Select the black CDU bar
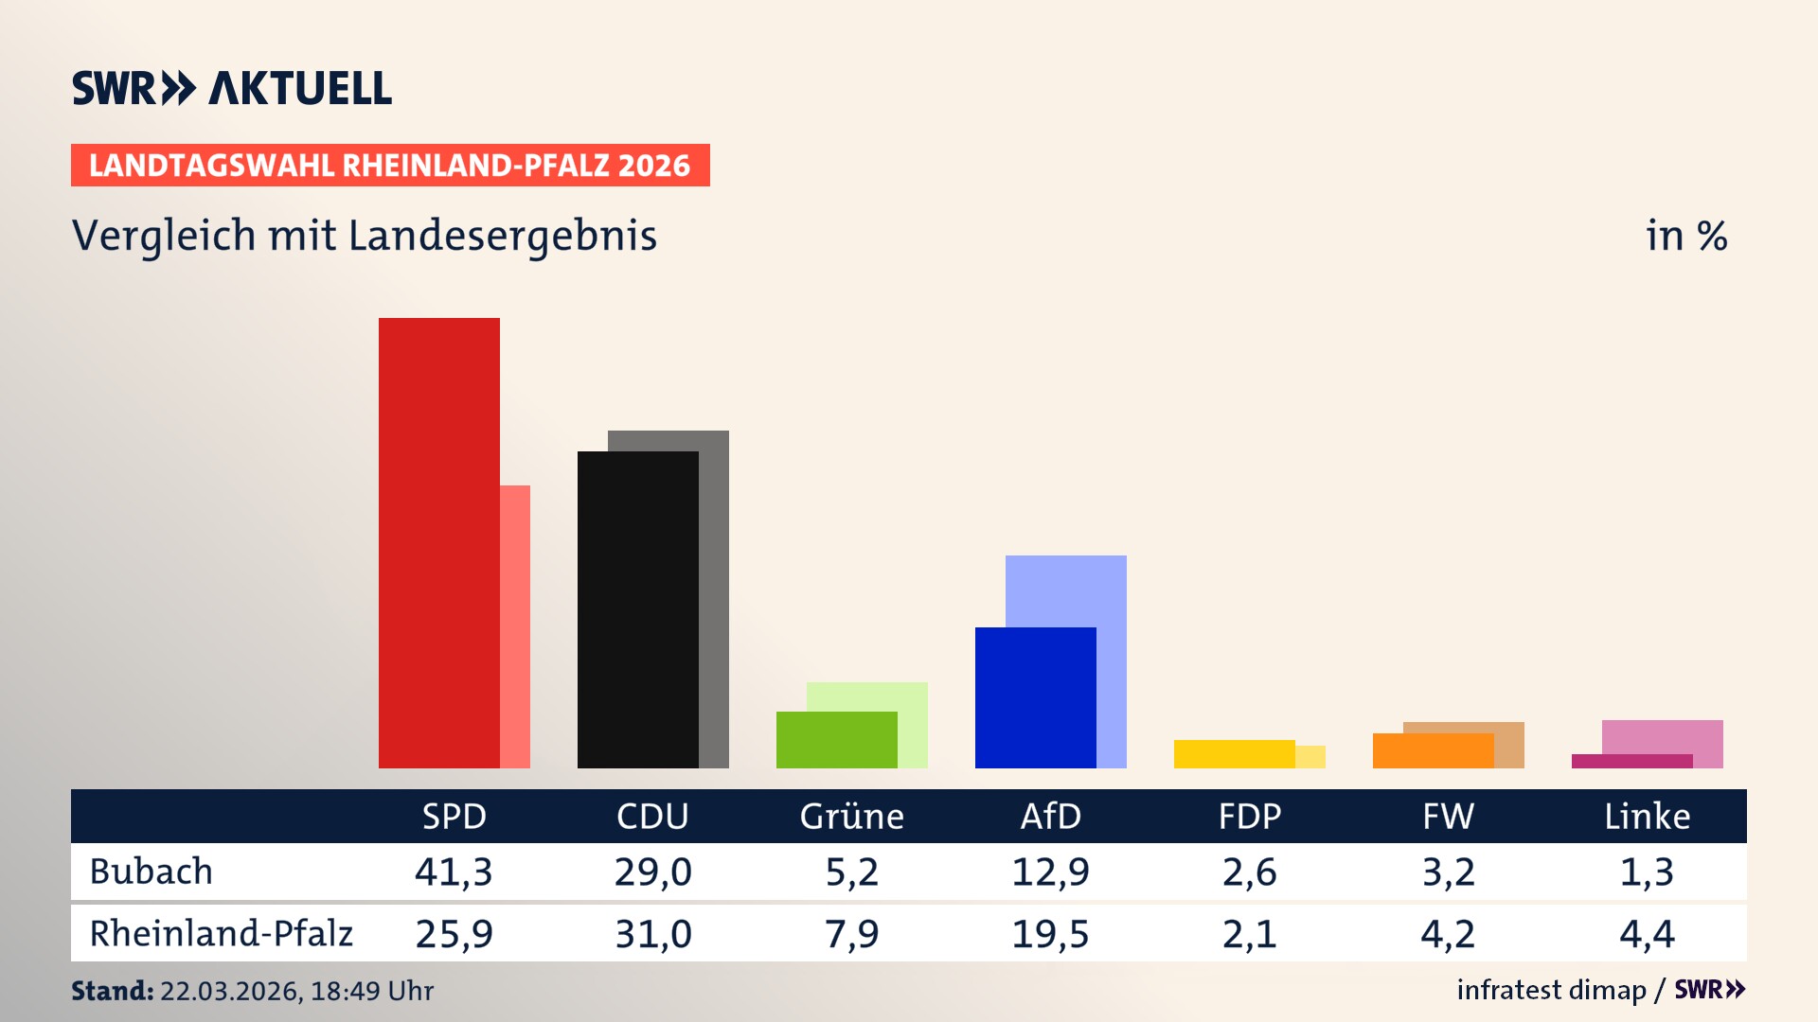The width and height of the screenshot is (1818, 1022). coord(637,609)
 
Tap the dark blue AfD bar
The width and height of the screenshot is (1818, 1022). coord(1035,697)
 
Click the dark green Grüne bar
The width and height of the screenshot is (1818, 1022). coord(836,739)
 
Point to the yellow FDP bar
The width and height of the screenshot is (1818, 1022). coord(1234,754)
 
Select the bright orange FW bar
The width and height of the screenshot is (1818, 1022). coord(1433,751)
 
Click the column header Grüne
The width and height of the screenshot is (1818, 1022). coord(851,817)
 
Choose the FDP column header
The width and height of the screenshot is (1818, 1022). coord(1249,817)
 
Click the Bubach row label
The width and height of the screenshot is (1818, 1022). coord(151,872)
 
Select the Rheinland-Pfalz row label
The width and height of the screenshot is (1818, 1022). coord(221,934)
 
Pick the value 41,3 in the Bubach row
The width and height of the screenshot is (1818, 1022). coord(454,872)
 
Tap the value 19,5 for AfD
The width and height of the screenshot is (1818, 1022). coord(1050,934)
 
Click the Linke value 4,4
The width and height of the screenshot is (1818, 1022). coord(1647,934)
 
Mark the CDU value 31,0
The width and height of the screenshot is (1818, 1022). coord(652,934)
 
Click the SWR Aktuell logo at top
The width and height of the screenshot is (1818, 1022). coord(232,88)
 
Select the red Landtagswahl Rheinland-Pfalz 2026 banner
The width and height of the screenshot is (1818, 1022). coord(390,166)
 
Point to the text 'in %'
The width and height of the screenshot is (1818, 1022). coord(1685,236)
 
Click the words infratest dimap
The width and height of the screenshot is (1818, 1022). coord(1551,990)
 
